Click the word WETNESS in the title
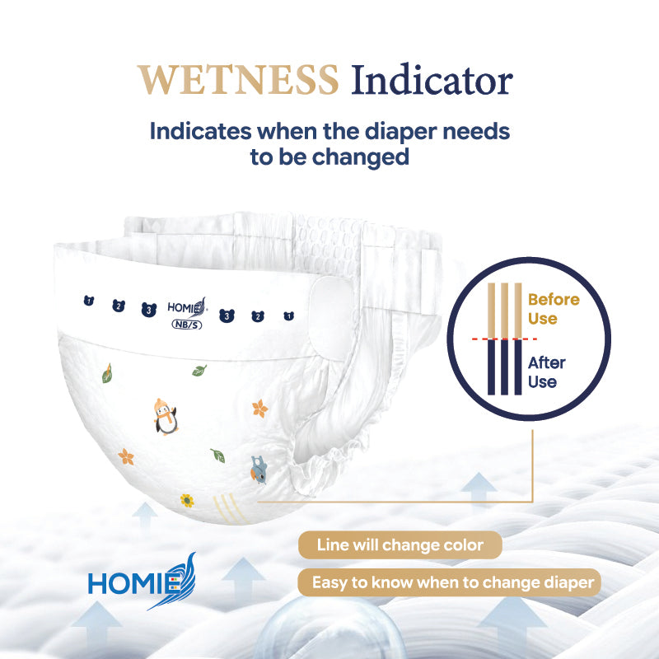(x=238, y=80)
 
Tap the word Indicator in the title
(x=432, y=80)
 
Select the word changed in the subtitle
(x=361, y=157)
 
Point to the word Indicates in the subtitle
(x=200, y=131)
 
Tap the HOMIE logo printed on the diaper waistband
(x=187, y=306)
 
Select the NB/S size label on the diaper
(x=187, y=325)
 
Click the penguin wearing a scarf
(x=166, y=417)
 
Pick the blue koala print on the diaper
(x=259, y=470)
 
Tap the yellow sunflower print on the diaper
(x=187, y=500)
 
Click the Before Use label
(x=554, y=309)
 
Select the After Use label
(x=546, y=372)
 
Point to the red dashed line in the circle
(x=504, y=339)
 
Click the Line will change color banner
(x=400, y=545)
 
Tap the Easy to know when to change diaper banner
(x=449, y=582)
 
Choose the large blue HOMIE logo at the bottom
(x=142, y=582)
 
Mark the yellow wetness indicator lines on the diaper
(x=229, y=509)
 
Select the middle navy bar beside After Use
(x=504, y=367)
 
